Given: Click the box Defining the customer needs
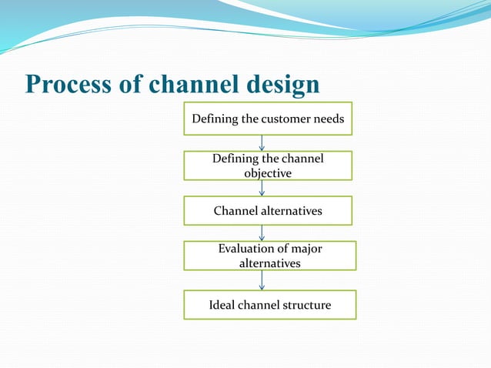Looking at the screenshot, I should coord(267,119).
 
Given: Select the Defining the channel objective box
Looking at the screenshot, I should coord(267,166).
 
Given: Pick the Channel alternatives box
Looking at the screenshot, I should coord(267,210).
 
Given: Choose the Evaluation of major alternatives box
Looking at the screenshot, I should coord(269,256).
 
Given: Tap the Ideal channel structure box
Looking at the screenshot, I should coord(269,305).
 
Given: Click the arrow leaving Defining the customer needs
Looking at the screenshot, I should coord(262,142).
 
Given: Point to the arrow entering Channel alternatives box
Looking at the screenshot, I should coord(262,188).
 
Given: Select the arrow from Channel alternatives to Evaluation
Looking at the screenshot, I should coord(262,233).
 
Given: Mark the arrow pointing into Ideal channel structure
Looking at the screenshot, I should coord(262,280).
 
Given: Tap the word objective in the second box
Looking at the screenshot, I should coord(268,173).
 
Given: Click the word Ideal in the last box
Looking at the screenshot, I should coord(222,306).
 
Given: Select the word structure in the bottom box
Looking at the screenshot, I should coord(306,306).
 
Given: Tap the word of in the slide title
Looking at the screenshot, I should coord(131,85).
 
